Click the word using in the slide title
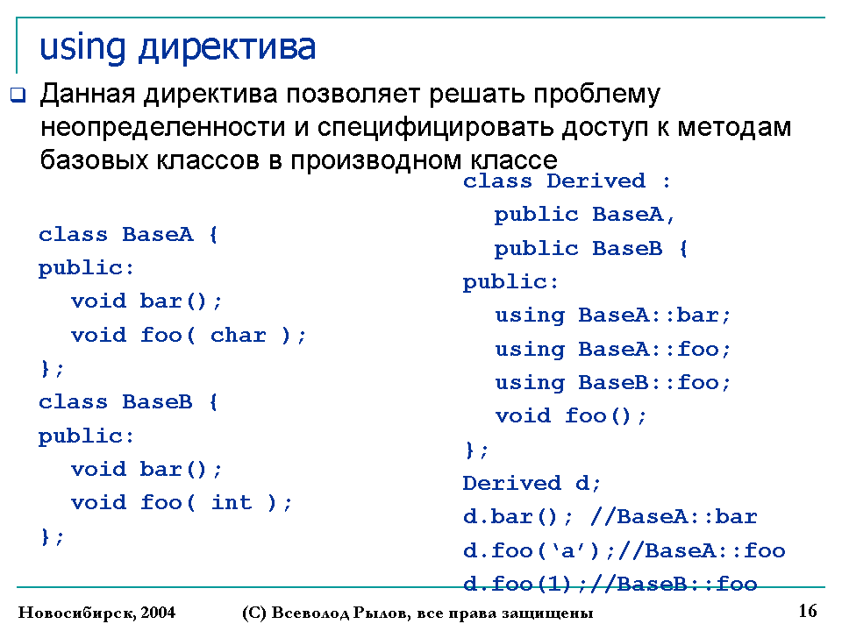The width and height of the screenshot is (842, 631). click(x=82, y=48)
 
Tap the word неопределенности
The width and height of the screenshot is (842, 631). click(x=163, y=128)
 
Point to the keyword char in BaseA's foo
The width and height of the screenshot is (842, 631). click(x=238, y=335)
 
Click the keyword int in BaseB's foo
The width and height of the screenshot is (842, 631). click(x=231, y=502)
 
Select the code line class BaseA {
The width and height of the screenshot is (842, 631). click(x=128, y=235)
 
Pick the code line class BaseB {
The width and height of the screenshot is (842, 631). click(x=128, y=402)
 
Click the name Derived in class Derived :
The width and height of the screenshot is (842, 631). click(x=596, y=181)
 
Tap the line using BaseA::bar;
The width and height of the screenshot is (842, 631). click(x=612, y=315)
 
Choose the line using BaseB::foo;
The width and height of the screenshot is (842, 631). click(x=612, y=383)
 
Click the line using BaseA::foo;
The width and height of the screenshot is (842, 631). click(x=612, y=350)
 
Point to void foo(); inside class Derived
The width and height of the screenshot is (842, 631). click(x=570, y=415)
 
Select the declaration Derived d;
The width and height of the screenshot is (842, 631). click(x=532, y=483)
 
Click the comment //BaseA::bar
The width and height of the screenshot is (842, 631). click(x=674, y=516)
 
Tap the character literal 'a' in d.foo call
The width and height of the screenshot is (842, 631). click(x=567, y=550)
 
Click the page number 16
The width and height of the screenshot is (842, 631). click(x=808, y=611)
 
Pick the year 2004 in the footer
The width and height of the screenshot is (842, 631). click(x=158, y=613)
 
